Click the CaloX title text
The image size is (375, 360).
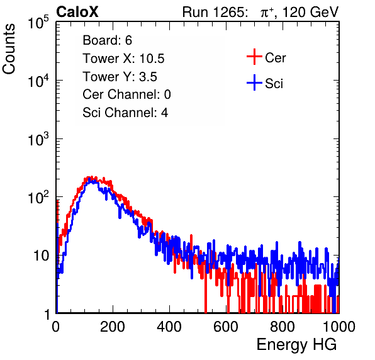coord(77,12)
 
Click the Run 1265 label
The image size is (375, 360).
coord(215,12)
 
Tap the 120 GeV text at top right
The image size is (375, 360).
coord(311,12)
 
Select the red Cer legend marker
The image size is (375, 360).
coord(254,57)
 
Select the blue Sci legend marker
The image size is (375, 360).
coord(254,82)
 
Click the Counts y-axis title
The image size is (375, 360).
coord(9,49)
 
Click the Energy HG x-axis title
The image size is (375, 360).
coord(296,345)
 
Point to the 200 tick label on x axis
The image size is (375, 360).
coord(113,327)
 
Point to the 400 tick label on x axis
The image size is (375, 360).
coord(169,327)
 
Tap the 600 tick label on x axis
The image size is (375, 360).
coord(226,327)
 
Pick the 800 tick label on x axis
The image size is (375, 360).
coord(283,327)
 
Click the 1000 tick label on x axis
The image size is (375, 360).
coord(339,327)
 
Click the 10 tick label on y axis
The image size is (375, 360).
coord(42,256)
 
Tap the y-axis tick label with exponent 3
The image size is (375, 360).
coord(39,139)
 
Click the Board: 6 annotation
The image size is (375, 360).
coord(107,40)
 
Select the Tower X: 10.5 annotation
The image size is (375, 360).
coord(123,59)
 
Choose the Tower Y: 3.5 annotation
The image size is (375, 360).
coord(120,77)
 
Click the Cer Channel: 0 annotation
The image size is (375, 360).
coord(126,94)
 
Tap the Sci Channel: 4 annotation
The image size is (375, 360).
coord(125,113)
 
